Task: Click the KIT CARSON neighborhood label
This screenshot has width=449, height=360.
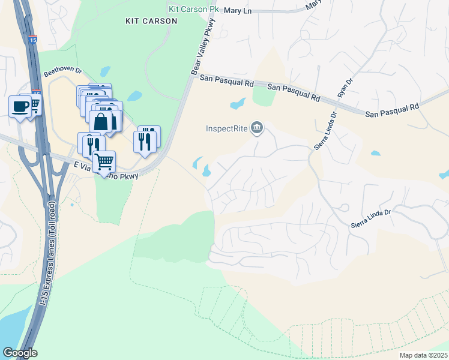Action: tap(151, 21)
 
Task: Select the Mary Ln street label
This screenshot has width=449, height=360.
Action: tap(238, 11)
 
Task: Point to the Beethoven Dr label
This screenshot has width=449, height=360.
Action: tap(62, 72)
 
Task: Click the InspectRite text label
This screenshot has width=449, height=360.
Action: tap(227, 128)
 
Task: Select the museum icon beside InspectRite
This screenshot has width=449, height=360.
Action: tap(257, 127)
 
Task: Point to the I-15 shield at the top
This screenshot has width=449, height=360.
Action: tap(32, 40)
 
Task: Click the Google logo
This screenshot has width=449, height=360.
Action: tap(20, 353)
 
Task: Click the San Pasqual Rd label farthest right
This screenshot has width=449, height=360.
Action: tap(392, 109)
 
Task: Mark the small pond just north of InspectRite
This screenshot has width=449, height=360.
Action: tap(238, 104)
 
